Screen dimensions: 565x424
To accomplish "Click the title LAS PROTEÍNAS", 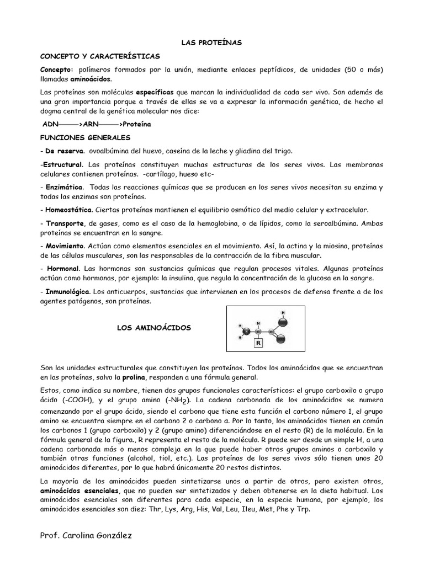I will pos(212,42).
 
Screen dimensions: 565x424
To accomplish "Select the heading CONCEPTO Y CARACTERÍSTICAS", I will pos(100,56).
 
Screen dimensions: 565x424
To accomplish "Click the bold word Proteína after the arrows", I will pos(136,125).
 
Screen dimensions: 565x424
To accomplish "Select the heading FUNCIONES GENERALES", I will pos(86,137).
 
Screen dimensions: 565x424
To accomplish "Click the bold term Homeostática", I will pos(69,210).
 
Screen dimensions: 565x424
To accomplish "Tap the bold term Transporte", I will pos(65,223).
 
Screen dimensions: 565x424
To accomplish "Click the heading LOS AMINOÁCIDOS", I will pos(153,328).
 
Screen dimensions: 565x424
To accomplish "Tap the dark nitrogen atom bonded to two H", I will pos(247,331).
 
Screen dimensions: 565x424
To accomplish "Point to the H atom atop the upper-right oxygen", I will pos(284,313).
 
